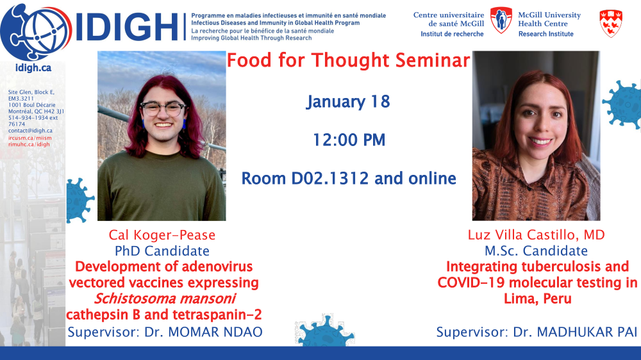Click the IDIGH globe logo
pos(36,31)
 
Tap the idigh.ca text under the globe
pos(33,68)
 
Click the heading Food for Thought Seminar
pos(348,60)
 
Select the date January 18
pos(348,102)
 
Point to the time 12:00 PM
pos(349,140)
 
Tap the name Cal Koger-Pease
pos(162,235)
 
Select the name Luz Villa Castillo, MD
pos(537,235)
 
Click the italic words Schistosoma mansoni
pos(165,299)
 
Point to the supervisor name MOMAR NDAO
pos(215,332)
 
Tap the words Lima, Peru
pos(537,299)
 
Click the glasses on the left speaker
pos(163,109)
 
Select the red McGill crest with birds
pos(611,23)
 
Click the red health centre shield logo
pos(501,20)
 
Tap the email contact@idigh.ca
pos(30,131)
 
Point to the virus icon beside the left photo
pos(79,200)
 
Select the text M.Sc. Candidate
pos(536,251)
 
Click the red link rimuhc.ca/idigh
pos(29,144)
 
